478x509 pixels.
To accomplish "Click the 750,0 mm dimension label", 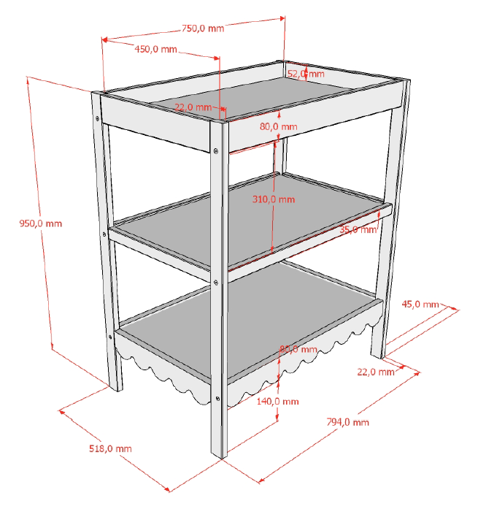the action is [203, 28].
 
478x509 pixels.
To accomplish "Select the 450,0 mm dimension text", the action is [155, 49].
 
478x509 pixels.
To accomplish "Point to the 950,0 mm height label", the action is [41, 223].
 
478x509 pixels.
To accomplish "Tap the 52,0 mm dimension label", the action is [306, 74].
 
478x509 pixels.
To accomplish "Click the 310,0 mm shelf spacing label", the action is [274, 199].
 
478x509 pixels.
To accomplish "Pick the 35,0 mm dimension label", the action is [358, 229].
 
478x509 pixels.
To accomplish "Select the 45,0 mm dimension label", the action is [420, 305].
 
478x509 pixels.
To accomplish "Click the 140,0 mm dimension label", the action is [277, 401].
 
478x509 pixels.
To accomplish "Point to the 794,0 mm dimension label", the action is [347, 422].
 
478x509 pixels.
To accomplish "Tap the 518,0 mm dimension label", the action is [110, 448].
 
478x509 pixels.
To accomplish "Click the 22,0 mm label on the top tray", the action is [193, 107].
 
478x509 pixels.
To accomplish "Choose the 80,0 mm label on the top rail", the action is [278, 126].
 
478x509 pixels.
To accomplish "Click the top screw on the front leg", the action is [216, 150].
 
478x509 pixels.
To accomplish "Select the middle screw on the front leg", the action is [216, 283].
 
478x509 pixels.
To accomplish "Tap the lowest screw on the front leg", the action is [217, 398].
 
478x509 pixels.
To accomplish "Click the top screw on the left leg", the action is [97, 119].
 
